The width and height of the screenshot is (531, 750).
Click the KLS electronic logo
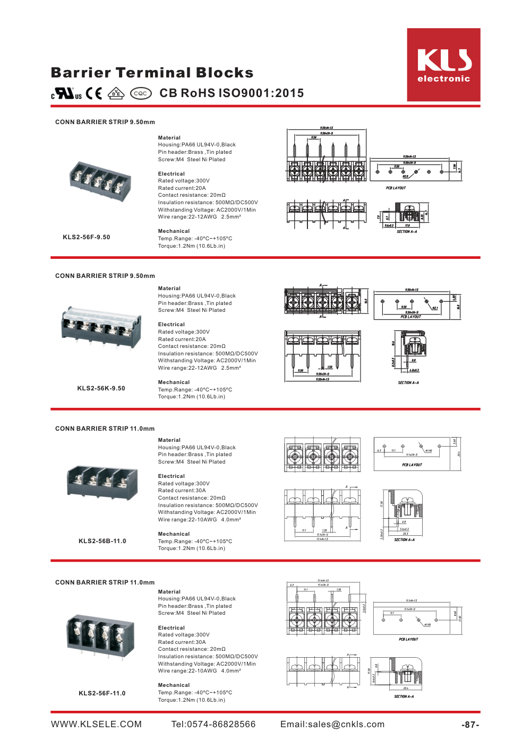443,65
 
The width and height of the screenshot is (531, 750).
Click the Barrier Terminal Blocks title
152,73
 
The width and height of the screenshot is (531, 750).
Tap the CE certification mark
94,93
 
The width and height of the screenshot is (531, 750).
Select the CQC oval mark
140,93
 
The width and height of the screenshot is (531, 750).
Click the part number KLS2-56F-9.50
87,237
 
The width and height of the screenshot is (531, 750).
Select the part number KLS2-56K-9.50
101,388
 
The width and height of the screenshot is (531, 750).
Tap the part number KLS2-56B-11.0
102,541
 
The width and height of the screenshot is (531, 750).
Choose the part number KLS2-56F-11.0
102,693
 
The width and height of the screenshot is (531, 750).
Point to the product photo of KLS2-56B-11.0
102,483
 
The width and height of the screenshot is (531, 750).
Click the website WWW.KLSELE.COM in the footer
96,725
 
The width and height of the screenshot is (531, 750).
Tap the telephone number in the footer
213,725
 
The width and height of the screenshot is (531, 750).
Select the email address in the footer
332,725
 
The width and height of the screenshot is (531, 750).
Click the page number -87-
470,725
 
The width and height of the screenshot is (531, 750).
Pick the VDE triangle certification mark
116,93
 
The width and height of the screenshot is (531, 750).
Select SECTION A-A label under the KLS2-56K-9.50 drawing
408,382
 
